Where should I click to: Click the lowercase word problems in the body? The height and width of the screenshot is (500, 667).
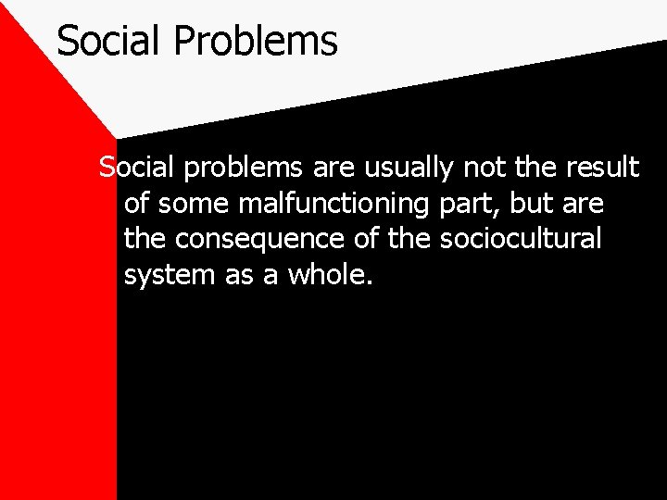[x=242, y=169]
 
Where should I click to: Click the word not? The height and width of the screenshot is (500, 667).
[x=480, y=168]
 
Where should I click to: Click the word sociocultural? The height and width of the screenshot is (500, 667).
[x=521, y=239]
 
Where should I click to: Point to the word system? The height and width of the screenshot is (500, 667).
[x=168, y=276]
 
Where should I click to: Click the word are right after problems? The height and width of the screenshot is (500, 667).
[x=332, y=169]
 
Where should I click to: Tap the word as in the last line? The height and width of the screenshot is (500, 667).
[x=237, y=276]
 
